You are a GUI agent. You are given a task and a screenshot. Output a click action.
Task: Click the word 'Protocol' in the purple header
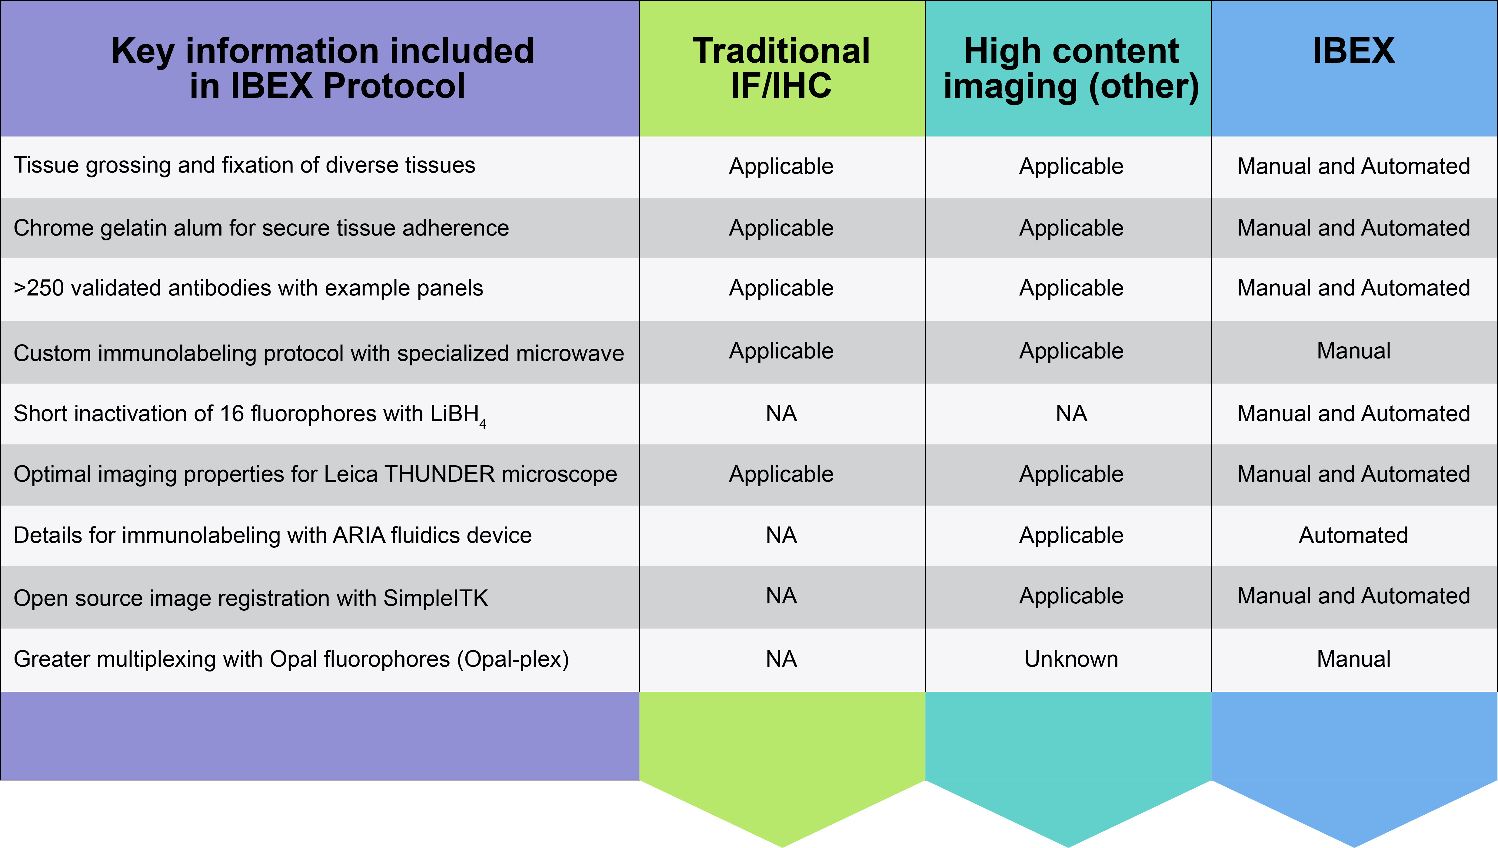394,86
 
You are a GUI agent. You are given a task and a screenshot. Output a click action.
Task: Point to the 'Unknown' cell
1071,659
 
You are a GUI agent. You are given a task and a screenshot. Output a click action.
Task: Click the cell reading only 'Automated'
1353,535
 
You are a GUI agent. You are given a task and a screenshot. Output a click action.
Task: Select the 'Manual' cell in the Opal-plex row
1353,659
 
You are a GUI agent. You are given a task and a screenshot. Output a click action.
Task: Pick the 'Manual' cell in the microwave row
1353,351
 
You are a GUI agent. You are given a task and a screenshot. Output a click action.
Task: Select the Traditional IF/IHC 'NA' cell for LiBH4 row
781,414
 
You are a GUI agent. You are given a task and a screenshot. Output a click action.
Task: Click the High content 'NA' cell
1071,414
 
